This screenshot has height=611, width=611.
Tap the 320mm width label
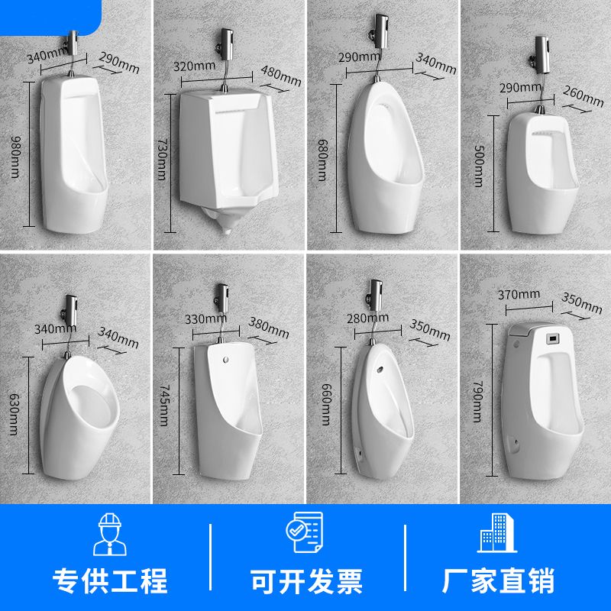(x=194, y=66)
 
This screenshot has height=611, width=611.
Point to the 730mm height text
(x=162, y=157)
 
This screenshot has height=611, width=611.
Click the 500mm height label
(x=477, y=166)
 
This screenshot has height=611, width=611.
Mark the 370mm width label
(x=518, y=294)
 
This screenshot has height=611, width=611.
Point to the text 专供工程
(x=111, y=581)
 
